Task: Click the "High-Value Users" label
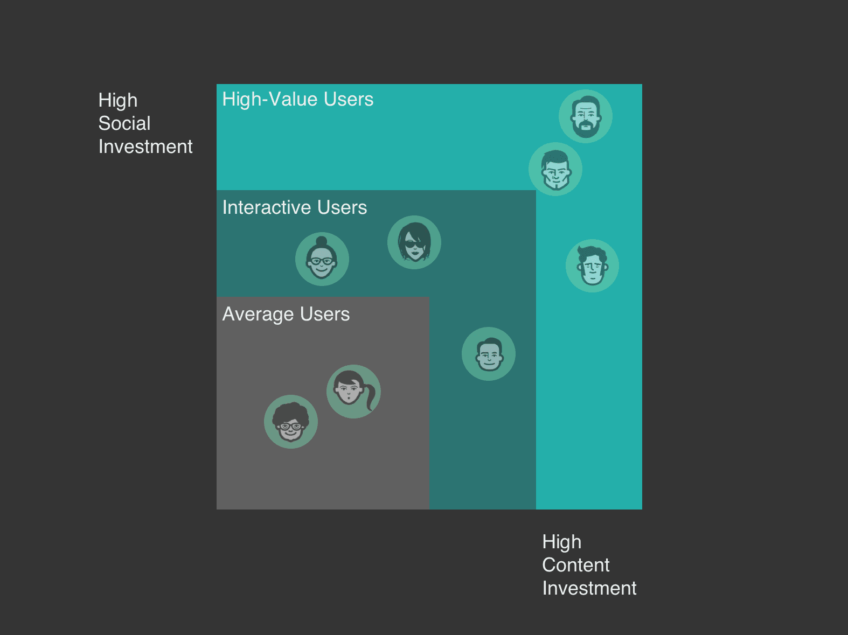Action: (x=297, y=100)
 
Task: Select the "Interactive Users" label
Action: (x=294, y=208)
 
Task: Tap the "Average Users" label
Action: (x=286, y=315)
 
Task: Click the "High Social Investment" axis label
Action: (x=145, y=123)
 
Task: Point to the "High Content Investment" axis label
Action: (x=589, y=565)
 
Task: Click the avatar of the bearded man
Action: (x=586, y=116)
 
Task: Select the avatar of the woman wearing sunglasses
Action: (x=414, y=242)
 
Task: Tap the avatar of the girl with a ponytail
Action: (x=353, y=392)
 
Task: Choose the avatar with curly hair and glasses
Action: (x=291, y=422)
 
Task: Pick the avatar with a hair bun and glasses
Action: (x=322, y=259)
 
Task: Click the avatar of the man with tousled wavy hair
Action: (x=592, y=266)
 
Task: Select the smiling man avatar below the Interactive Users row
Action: (x=489, y=354)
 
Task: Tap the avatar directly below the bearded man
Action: (x=555, y=169)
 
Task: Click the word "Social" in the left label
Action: (x=124, y=123)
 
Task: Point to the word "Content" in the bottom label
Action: (x=575, y=565)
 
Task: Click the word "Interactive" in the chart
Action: (x=267, y=208)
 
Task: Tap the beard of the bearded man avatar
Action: (x=586, y=129)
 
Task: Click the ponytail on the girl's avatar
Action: (x=371, y=398)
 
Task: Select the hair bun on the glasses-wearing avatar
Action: (x=322, y=241)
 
